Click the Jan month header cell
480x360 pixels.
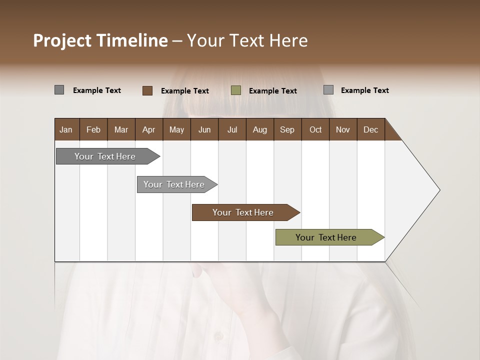(66, 129)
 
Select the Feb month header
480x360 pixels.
(93, 129)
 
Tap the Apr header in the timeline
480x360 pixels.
(149, 129)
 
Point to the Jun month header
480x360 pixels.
(204, 129)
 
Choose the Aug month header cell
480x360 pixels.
(260, 129)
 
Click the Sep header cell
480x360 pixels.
(287, 129)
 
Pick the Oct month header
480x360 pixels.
(315, 129)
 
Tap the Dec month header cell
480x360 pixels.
(371, 129)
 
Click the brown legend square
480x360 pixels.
(147, 90)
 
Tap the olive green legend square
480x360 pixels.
(236, 90)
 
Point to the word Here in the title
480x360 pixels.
(288, 41)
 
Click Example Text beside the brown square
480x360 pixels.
(185, 91)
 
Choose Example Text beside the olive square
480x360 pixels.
(273, 91)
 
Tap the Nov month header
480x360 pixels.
(343, 129)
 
